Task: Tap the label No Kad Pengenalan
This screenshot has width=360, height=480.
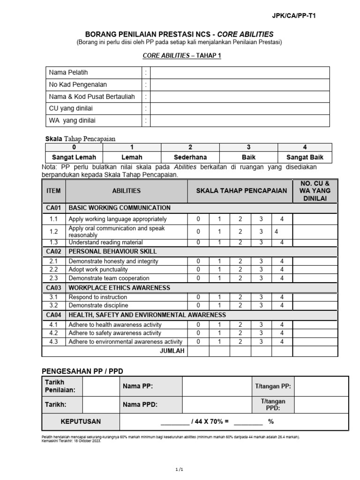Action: tap(78, 85)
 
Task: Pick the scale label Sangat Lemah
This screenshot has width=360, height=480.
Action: tap(73, 157)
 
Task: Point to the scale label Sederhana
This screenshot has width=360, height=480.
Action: tap(190, 157)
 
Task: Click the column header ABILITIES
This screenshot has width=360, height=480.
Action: tap(126, 191)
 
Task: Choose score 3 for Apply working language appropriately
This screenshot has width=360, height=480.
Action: tap(261, 219)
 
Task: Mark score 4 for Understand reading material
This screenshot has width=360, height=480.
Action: tap(282, 242)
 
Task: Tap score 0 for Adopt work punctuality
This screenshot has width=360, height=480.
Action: tap(198, 270)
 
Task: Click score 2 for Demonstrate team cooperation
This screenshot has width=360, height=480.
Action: tap(240, 278)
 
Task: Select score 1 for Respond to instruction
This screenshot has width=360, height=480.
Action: tap(219, 297)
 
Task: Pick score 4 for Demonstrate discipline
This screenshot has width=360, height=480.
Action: tap(282, 306)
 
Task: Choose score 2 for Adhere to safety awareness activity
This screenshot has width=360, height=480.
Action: tap(240, 333)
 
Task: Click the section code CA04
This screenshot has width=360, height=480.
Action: tap(54, 315)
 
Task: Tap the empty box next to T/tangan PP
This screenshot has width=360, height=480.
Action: tap(322, 386)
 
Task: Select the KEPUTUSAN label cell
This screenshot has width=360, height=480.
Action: tap(81, 421)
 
